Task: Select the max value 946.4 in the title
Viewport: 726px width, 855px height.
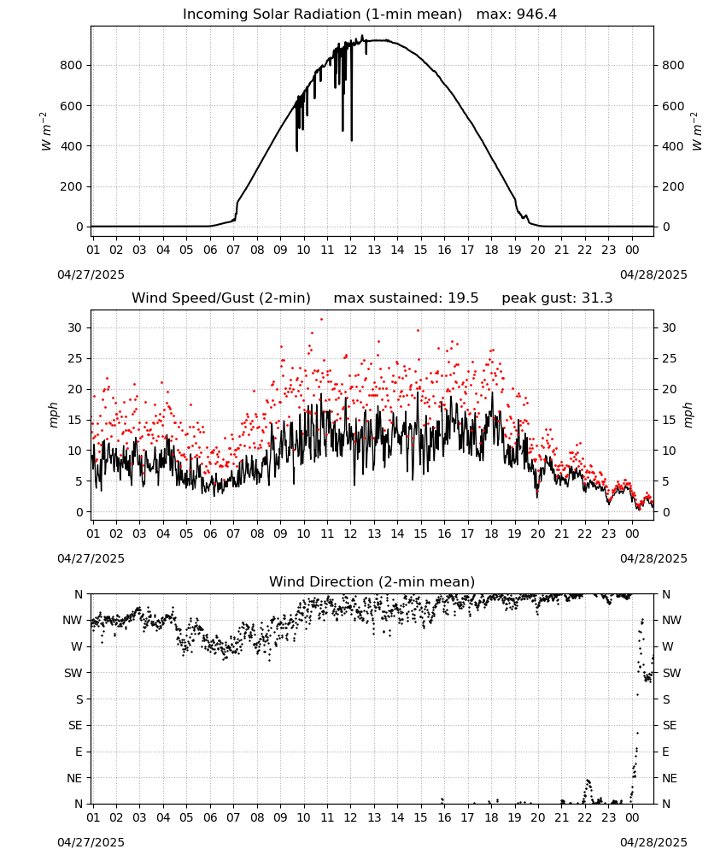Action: coord(536,14)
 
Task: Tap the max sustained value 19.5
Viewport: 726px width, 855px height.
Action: coord(463,298)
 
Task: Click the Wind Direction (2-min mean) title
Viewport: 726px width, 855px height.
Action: coord(372,581)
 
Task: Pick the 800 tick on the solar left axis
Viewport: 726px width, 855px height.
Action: coord(72,66)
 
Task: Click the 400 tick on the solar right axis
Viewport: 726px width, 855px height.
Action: coord(673,146)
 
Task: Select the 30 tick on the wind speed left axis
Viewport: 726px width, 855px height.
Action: coord(75,327)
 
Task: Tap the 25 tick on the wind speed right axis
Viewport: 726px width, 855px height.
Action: coord(669,359)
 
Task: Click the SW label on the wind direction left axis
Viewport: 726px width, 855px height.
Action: coord(73,673)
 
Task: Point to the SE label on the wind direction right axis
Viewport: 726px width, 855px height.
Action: coord(670,725)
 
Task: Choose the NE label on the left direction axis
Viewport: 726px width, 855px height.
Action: coord(74,778)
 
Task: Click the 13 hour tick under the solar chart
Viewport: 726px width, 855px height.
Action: coord(374,250)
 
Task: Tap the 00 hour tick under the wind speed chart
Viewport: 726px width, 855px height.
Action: coord(632,534)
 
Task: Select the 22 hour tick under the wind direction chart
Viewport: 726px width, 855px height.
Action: coord(585,817)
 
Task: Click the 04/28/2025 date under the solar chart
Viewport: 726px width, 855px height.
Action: coord(653,274)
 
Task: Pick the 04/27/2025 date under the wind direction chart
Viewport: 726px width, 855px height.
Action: coord(91,842)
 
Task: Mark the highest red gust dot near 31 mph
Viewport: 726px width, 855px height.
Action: coord(321,319)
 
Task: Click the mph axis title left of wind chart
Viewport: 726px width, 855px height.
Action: coord(53,415)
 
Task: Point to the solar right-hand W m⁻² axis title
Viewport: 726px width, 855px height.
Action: coord(697,131)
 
